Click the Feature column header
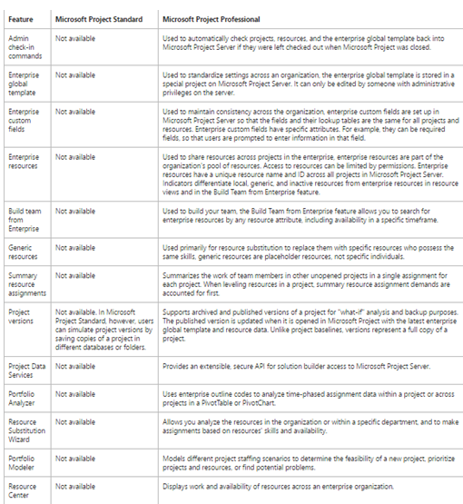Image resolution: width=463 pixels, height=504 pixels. click(x=21, y=17)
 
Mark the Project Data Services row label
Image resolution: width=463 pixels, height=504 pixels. click(x=26, y=369)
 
